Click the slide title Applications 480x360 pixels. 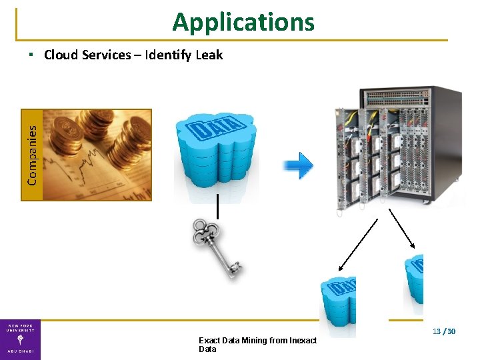click(243, 22)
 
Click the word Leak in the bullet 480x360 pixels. click(209, 55)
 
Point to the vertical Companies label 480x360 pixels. click(32, 155)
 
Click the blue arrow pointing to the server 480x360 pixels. click(297, 165)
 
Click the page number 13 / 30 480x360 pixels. click(443, 331)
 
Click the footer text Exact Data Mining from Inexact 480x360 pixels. click(258, 341)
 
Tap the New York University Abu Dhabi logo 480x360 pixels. click(20, 339)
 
